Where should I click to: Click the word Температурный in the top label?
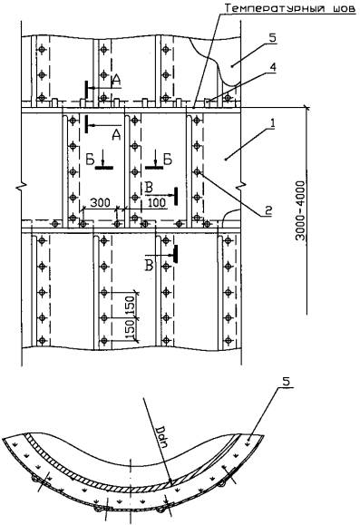tap(275, 8)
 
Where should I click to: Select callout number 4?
tap(273, 67)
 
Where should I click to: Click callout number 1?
tap(273, 123)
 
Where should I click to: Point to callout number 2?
tap(268, 210)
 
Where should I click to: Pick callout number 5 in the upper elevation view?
tap(273, 37)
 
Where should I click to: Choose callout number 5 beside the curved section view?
tap(287, 382)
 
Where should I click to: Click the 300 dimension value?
tap(101, 202)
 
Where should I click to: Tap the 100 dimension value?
tap(156, 202)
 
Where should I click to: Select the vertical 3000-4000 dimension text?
tap(301, 210)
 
